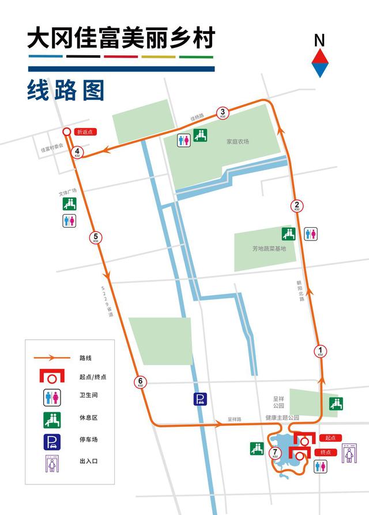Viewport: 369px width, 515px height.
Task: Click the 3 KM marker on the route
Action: tap(223, 112)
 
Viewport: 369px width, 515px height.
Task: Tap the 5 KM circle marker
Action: tap(96, 237)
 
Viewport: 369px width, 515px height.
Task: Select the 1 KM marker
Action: tap(321, 351)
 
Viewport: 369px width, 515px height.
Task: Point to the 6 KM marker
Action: tap(140, 382)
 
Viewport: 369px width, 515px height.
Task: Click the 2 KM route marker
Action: tap(296, 206)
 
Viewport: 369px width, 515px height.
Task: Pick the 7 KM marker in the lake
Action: tap(275, 453)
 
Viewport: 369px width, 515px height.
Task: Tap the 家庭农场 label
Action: tap(238, 141)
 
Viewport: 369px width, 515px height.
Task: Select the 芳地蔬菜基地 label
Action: tap(269, 249)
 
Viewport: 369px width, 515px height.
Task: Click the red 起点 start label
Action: tap(330, 438)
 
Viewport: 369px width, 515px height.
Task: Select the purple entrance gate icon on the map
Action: tap(349, 453)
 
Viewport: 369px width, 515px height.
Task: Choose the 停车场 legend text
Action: tap(88, 439)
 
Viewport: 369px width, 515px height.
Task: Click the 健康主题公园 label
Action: tap(282, 417)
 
